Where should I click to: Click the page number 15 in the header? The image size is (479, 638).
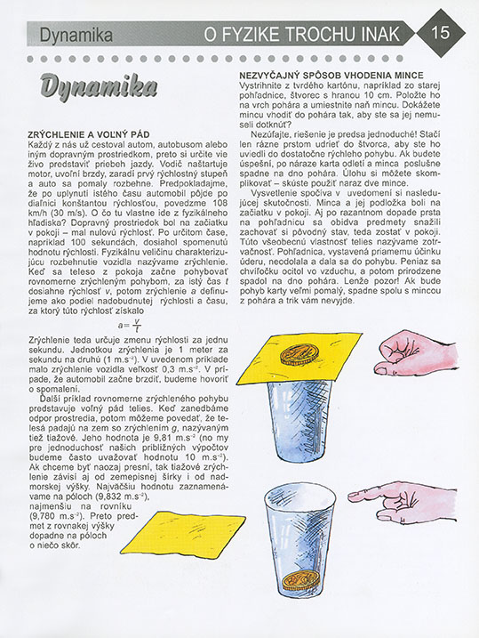(x=442, y=34)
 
